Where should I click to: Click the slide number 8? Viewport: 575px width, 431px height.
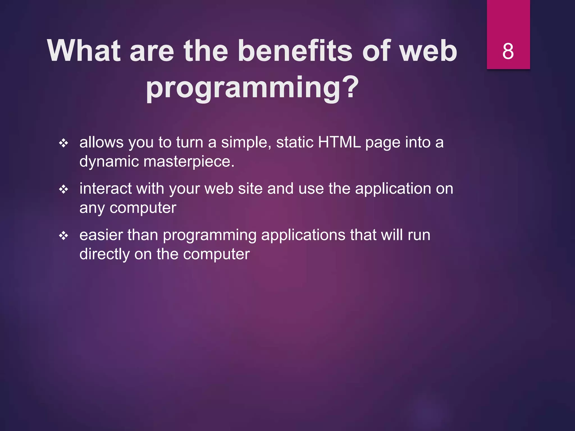coord(508,51)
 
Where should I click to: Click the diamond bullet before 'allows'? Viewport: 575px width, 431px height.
coord(63,143)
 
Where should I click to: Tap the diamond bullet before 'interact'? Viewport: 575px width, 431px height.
coord(63,189)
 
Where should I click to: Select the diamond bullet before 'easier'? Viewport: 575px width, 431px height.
coord(63,236)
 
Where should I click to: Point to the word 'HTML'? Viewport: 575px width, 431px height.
coord(339,142)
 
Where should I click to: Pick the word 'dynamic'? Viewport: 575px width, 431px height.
coord(109,162)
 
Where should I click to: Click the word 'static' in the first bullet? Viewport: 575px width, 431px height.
coord(295,142)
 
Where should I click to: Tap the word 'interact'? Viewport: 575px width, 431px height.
coord(105,189)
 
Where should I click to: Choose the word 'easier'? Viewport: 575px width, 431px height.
coord(101,235)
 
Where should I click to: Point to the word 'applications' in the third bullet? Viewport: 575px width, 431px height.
coord(303,235)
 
